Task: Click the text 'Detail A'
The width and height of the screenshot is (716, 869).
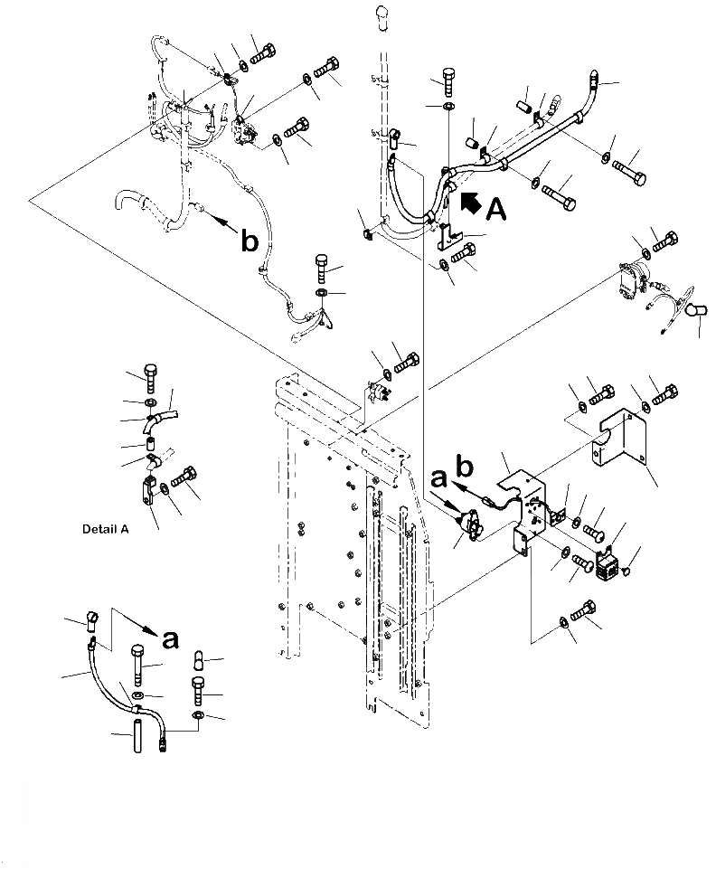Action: [104, 529]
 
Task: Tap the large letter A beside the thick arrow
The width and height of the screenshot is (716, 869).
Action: [497, 209]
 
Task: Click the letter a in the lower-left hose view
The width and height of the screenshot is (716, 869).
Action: [169, 640]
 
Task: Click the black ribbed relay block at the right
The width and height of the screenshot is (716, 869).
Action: [609, 568]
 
